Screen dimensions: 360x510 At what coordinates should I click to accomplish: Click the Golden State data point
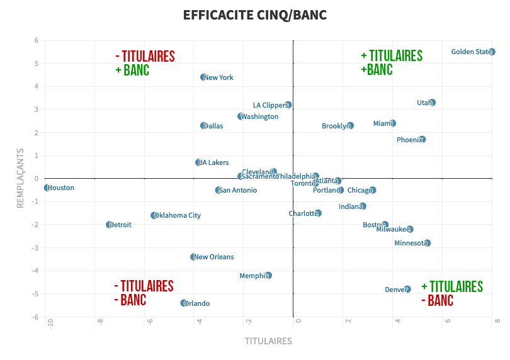pyautogui.click(x=492, y=52)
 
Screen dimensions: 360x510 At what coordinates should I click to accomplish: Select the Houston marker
pyautogui.click(x=47, y=188)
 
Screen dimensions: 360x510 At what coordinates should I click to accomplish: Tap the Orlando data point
pyautogui.click(x=184, y=303)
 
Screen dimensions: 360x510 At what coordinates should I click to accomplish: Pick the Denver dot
pyautogui.click(x=407, y=289)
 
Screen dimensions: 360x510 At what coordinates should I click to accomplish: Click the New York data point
pyautogui.click(x=203, y=77)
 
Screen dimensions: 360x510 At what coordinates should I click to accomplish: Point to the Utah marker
pyautogui.click(x=432, y=103)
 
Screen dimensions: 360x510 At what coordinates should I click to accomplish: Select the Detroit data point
pyautogui.click(x=109, y=225)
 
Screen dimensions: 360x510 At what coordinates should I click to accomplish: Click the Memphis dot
pyautogui.click(x=268, y=275)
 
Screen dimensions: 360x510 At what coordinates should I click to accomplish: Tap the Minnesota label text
pyautogui.click(x=411, y=243)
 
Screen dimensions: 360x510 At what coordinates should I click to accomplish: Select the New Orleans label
pyautogui.click(x=214, y=257)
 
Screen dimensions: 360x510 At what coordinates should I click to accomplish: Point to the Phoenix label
pyautogui.click(x=409, y=140)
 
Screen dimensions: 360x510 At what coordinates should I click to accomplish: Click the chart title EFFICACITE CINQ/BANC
pyautogui.click(x=255, y=14)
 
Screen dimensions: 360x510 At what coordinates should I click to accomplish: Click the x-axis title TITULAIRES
pyautogui.click(x=268, y=341)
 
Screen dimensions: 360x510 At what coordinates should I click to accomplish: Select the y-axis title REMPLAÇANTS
pyautogui.click(x=21, y=179)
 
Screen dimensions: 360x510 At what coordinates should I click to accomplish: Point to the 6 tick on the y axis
pyautogui.click(x=37, y=40)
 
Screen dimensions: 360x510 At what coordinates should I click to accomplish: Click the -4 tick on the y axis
pyautogui.click(x=35, y=271)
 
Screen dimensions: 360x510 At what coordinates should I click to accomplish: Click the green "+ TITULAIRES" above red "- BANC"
pyautogui.click(x=451, y=287)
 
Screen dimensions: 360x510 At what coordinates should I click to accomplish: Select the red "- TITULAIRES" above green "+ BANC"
pyautogui.click(x=145, y=57)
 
